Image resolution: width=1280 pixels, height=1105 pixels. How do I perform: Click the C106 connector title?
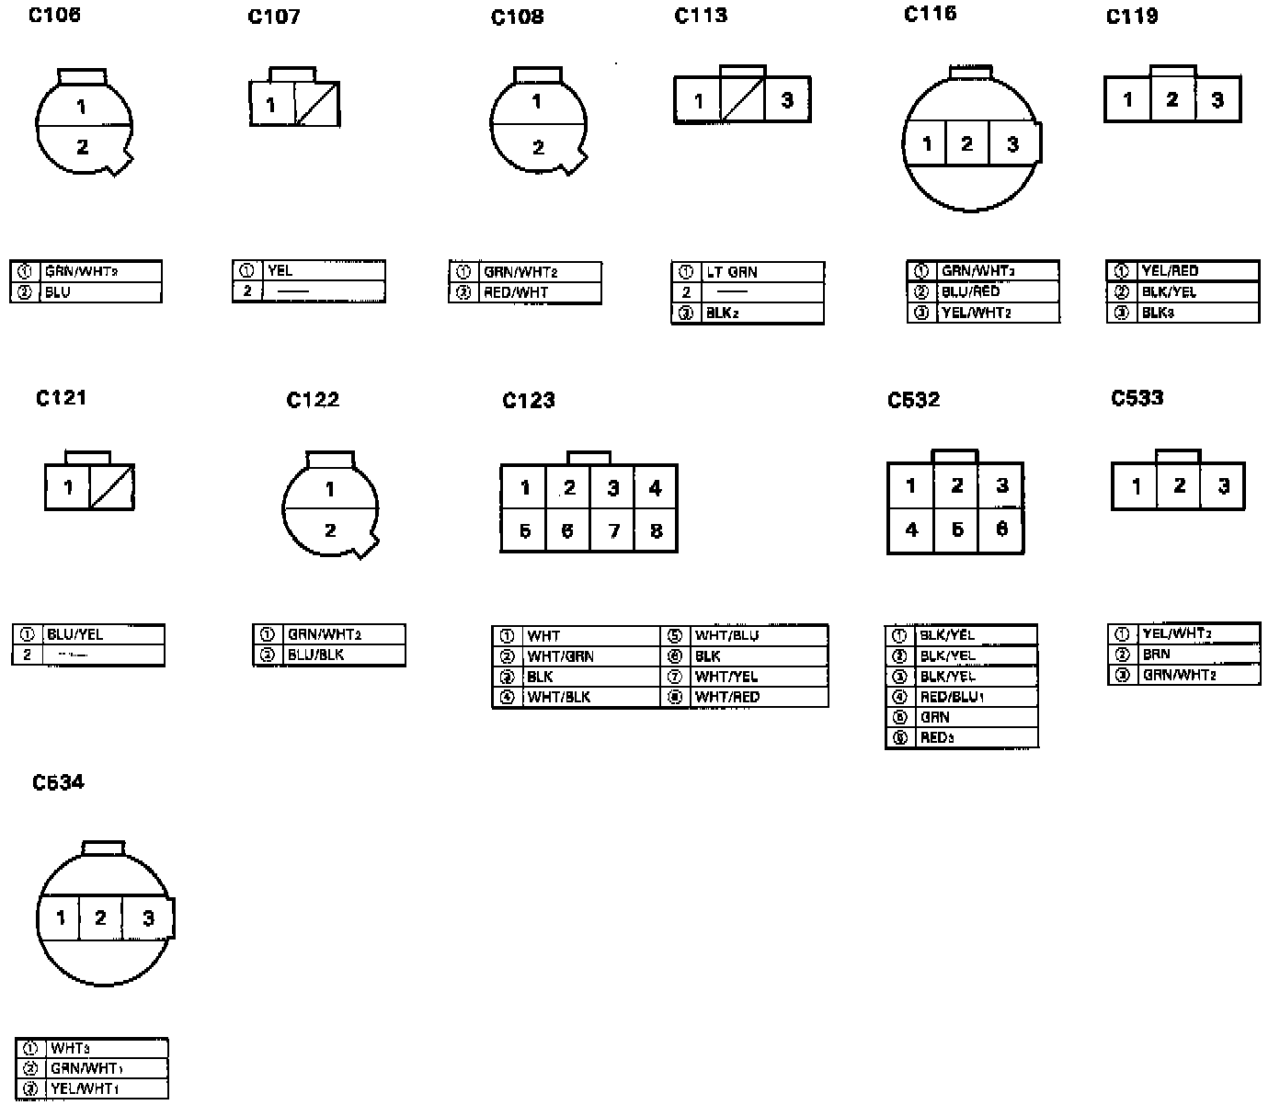[54, 15]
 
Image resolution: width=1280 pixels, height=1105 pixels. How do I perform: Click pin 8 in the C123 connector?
[656, 530]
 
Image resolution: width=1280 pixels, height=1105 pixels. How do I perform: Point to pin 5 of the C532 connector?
[956, 530]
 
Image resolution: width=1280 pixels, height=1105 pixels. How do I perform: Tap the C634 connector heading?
[58, 782]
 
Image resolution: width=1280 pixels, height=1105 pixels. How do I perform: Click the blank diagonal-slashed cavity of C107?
[316, 104]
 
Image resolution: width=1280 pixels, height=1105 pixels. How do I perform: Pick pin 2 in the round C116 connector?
[966, 144]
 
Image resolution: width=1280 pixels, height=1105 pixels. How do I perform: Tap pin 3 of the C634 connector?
[148, 917]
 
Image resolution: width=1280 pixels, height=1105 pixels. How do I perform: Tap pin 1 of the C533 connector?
[1136, 486]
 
